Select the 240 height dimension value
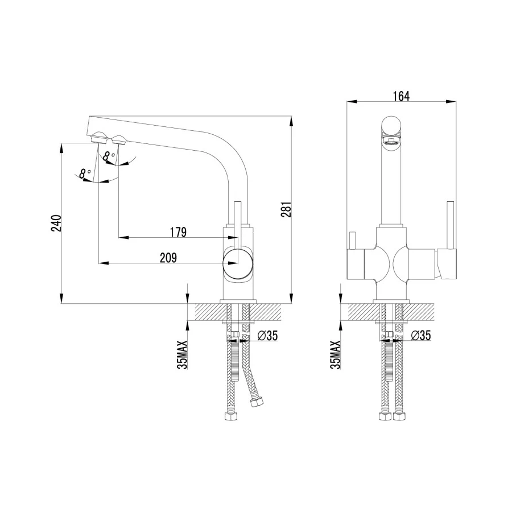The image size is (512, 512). (56, 224)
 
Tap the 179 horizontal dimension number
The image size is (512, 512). (178, 232)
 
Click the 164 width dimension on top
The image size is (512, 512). (401, 96)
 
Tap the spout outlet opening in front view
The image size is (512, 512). (391, 141)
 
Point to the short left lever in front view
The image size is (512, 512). (353, 242)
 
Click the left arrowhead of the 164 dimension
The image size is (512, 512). (349, 102)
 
